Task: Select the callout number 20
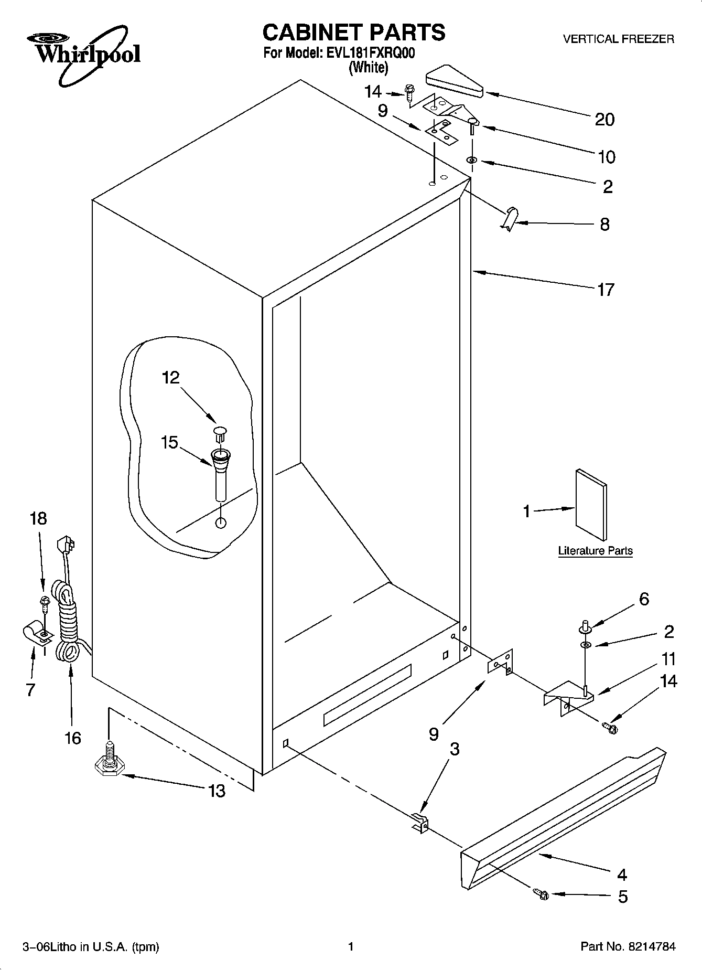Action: coord(604,120)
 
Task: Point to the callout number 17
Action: coord(606,290)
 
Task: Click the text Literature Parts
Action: coord(595,551)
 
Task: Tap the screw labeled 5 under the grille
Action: coord(540,894)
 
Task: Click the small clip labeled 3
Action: coord(420,823)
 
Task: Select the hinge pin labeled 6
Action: coord(585,625)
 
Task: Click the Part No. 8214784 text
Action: coord(628,947)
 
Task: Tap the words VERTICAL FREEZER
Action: coord(618,39)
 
